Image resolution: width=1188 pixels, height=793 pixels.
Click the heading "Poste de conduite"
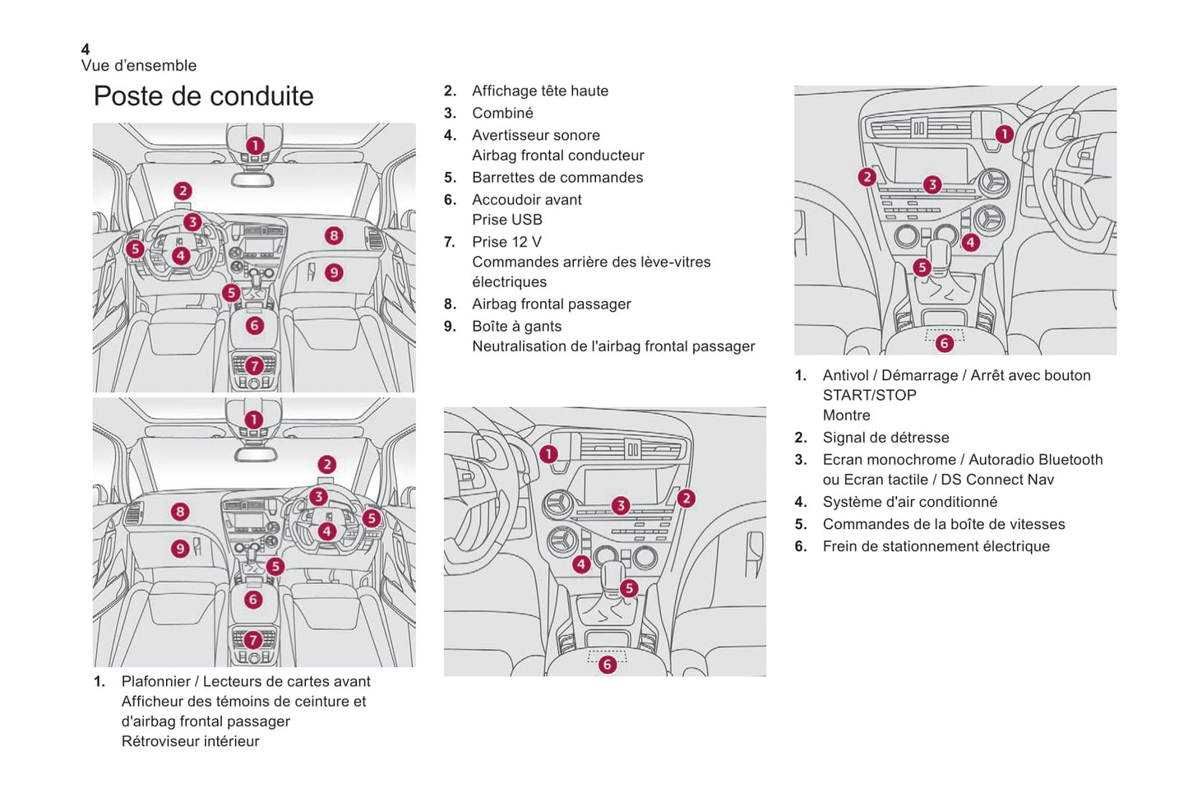tap(203, 96)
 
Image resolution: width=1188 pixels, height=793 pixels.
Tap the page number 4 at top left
tap(86, 49)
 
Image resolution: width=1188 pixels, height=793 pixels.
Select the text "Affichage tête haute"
tap(539, 91)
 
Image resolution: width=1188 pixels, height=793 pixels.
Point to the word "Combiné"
tap(502, 114)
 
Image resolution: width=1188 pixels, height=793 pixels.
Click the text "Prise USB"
tap(506, 220)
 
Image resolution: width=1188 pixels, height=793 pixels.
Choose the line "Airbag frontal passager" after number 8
tap(551, 304)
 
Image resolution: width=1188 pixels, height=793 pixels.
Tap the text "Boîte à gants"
tap(516, 327)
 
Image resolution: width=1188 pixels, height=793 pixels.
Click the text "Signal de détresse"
tap(885, 438)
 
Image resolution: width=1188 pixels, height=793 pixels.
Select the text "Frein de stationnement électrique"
tap(936, 546)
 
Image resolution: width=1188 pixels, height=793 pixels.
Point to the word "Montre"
tap(846, 415)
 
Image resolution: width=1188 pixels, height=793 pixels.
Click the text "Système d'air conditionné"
tap(909, 502)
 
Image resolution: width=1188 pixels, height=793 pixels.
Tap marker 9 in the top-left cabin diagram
tap(334, 272)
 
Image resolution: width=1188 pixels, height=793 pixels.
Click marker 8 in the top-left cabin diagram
tap(333, 236)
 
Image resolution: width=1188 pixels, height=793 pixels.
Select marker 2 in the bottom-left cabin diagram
tap(327, 465)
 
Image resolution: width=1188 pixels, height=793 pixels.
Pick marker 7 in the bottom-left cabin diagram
tap(253, 639)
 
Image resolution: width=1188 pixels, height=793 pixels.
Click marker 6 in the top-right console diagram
tap(945, 343)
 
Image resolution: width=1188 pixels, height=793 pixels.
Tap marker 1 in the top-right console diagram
tap(1004, 134)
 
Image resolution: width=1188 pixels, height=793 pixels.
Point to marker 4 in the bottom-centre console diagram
tap(581, 564)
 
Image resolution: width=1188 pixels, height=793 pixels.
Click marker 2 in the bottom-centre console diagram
tap(686, 499)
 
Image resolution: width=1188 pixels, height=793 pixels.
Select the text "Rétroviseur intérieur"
tap(190, 741)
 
